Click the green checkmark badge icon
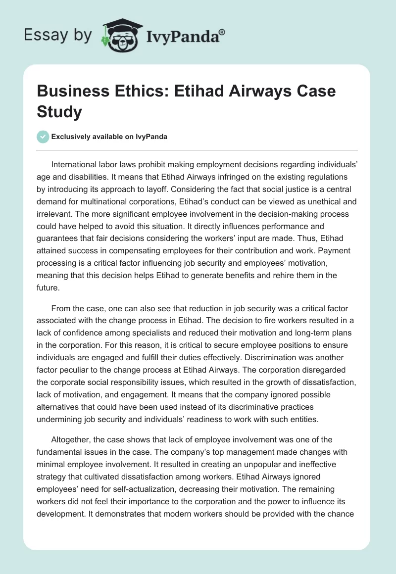click(x=43, y=137)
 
